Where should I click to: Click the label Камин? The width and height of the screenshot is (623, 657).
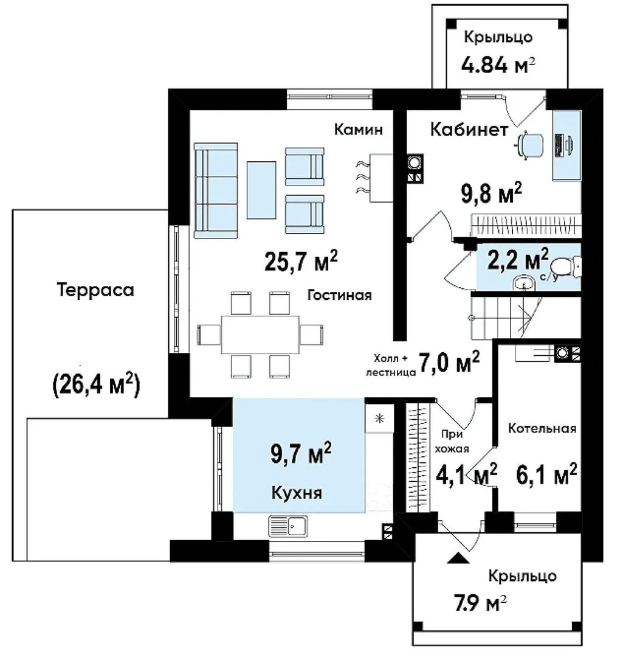(x=359, y=130)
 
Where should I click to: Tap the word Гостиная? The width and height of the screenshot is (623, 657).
(x=340, y=295)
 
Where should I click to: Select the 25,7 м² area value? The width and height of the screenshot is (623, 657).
(x=301, y=261)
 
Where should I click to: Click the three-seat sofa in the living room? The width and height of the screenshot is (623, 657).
(x=216, y=190)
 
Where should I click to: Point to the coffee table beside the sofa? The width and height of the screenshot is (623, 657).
(x=261, y=190)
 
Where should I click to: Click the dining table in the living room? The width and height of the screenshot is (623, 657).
(x=260, y=335)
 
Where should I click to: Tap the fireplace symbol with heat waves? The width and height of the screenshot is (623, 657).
(x=374, y=178)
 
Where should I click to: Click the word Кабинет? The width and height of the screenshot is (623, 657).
(x=469, y=130)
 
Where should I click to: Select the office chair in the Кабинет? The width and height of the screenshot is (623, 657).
(x=529, y=145)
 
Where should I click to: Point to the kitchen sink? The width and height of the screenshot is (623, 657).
(x=287, y=526)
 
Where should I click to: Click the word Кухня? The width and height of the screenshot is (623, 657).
(x=297, y=493)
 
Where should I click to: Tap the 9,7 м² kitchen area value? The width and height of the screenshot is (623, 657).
(x=301, y=453)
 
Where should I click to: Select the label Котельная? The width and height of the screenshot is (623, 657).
(x=542, y=428)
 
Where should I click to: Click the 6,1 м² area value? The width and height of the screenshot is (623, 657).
(x=546, y=474)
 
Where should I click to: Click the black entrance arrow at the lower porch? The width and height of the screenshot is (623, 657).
(x=458, y=558)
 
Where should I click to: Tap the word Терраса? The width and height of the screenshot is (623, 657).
(x=95, y=290)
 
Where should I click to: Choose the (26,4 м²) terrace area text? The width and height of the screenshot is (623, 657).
(x=96, y=384)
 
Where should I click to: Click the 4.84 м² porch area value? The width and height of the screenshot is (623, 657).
(x=498, y=65)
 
